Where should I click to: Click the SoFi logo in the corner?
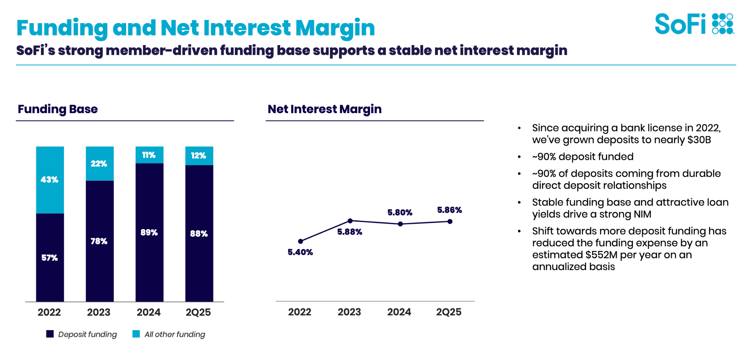[x=694, y=24]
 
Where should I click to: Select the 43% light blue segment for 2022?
[x=50, y=179]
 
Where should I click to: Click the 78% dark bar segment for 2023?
[x=100, y=241]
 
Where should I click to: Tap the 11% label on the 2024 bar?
[x=149, y=155]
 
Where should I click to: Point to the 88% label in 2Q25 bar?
[x=199, y=234]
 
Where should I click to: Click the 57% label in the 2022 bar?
[x=49, y=258]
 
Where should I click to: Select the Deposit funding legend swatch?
[x=50, y=334]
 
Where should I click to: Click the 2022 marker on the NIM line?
[x=300, y=241]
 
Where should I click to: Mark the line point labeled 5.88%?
[x=350, y=221]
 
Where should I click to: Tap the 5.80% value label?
[x=400, y=213]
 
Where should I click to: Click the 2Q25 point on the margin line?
[x=450, y=221]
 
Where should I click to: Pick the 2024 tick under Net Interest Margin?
[x=399, y=312]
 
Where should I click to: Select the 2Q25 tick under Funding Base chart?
[x=198, y=312]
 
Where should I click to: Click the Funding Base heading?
[x=58, y=109]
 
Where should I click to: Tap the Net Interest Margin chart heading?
[x=324, y=109]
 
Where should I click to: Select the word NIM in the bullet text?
[x=642, y=214]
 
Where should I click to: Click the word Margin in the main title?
[x=335, y=28]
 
